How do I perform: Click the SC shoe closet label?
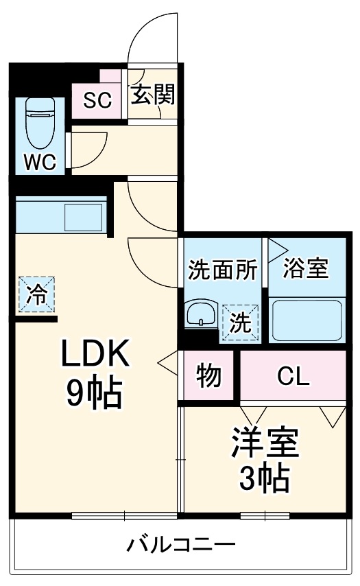point(97,100)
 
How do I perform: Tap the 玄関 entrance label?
point(153,95)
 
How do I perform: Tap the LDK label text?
point(95,356)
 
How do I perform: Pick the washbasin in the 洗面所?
point(201,316)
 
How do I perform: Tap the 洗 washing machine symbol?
point(240,322)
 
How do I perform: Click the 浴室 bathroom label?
point(307,268)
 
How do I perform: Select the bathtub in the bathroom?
point(306,319)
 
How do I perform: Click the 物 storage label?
point(208,376)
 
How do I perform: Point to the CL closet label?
point(293,376)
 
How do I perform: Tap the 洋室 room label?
point(264,443)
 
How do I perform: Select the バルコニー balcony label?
point(181,546)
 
